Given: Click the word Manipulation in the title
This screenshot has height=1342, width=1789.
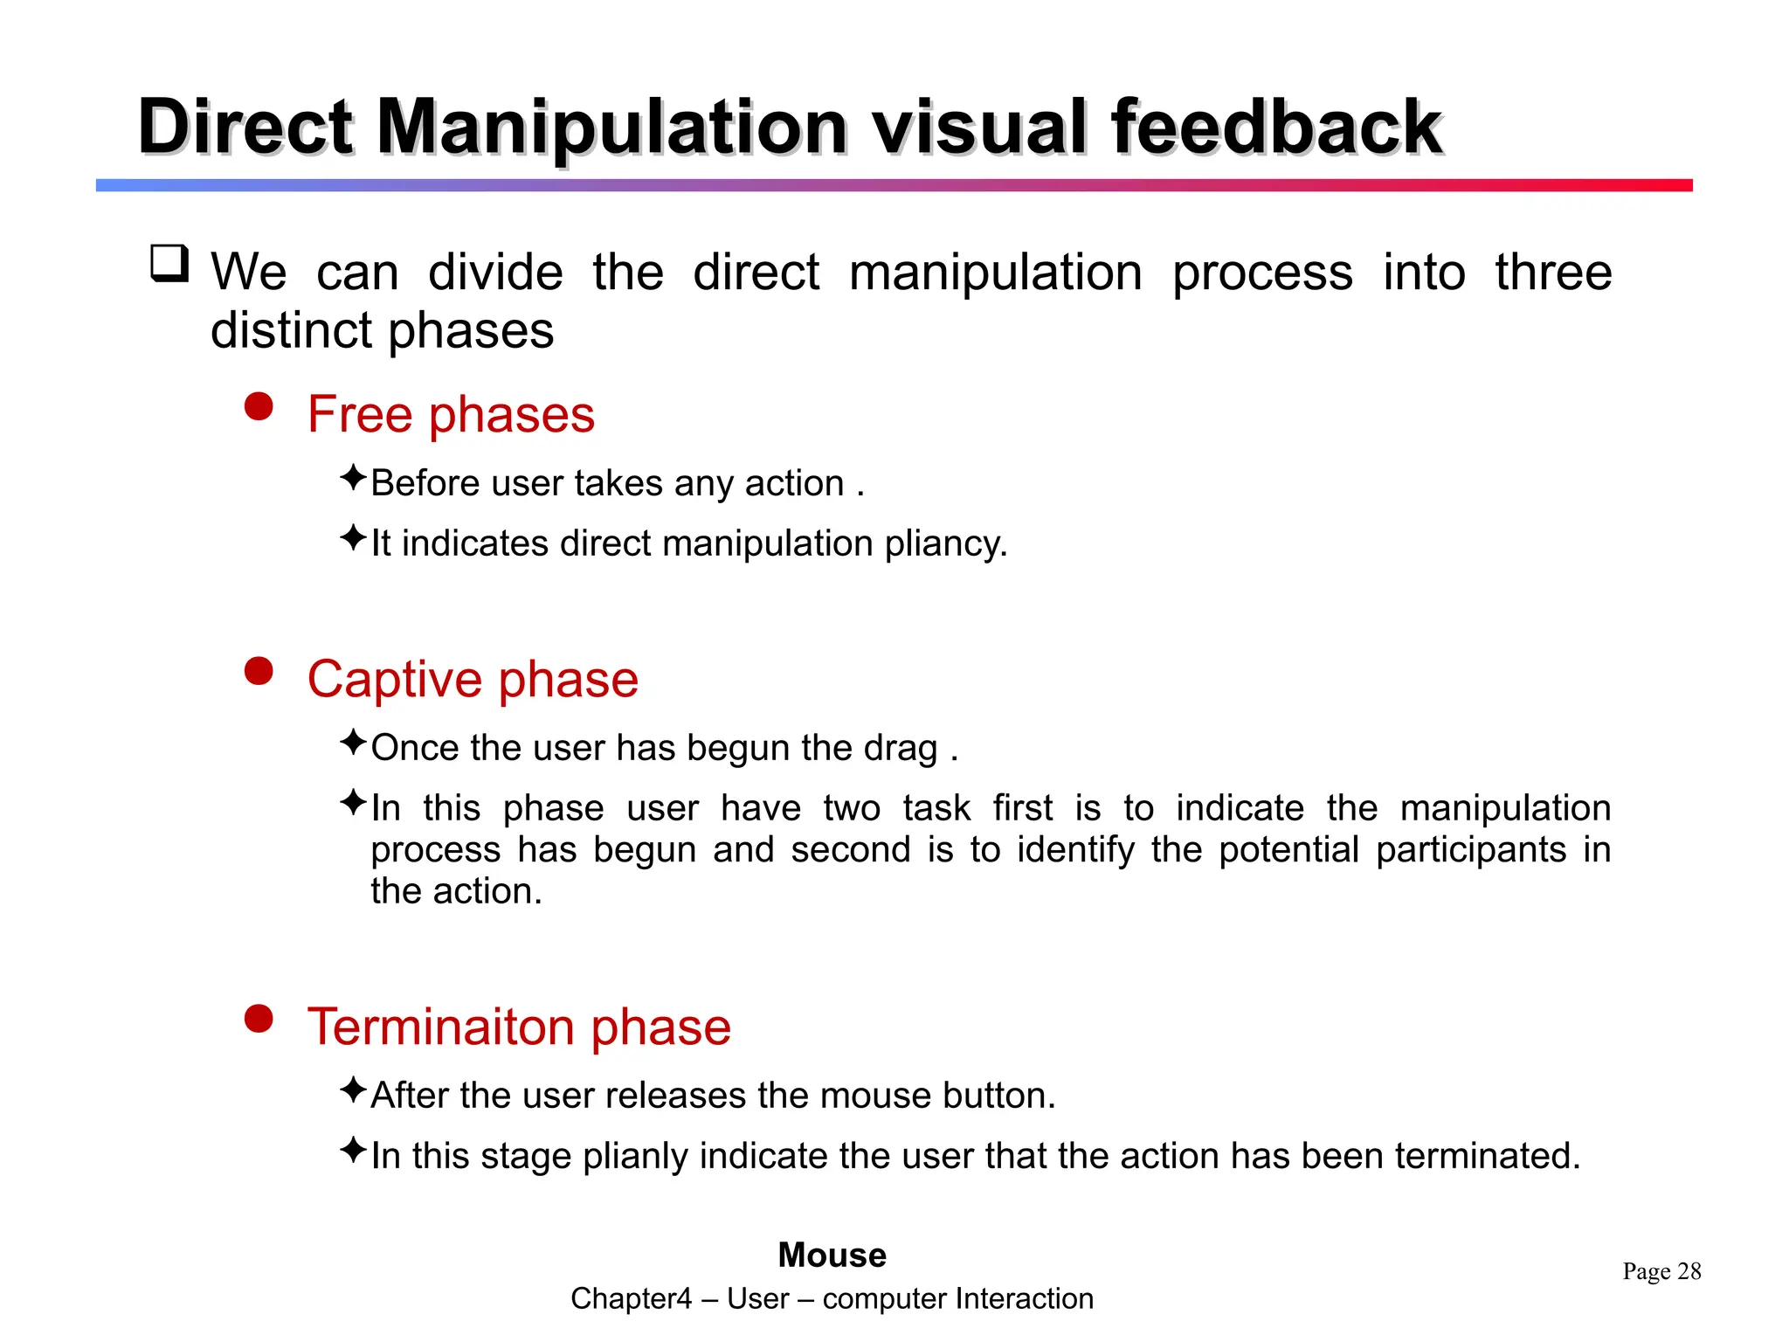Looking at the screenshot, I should coord(611,128).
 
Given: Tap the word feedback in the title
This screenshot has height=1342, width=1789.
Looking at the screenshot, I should coord(1276,128).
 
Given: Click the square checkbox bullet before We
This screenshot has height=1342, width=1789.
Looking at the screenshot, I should coord(169,264).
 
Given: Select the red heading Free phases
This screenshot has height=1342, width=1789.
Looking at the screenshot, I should coord(451,414).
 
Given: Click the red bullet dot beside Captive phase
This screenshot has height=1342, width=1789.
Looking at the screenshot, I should coord(259,671).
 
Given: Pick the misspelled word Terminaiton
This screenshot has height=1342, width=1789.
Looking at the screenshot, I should coord(441,1027).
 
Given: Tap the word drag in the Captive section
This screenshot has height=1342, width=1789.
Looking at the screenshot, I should coord(900,749).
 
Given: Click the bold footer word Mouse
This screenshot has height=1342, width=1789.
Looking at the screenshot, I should coord(832,1256).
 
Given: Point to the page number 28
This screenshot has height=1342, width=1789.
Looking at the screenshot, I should coord(1689,1271).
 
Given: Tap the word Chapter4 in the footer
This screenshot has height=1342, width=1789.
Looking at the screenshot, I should coord(631,1299).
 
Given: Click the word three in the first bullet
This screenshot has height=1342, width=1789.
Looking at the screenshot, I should coord(1552,273).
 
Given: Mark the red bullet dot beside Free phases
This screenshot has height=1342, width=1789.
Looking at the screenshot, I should coord(259,406).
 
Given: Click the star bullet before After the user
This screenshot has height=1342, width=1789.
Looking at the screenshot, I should coord(352,1090).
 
